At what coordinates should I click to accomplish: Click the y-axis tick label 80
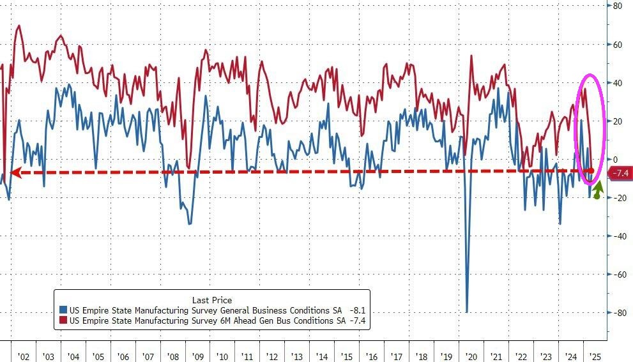pos(618,6)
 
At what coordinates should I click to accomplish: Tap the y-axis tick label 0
pos(616,159)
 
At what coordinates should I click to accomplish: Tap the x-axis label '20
pos(472,356)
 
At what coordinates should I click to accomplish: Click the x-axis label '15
pos(346,356)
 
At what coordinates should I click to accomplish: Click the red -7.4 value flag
pos(620,173)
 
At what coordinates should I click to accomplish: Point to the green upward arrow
pos(597,190)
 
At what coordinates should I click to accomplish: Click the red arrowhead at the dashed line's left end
pos(14,172)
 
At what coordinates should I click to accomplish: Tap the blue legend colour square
pos(64,310)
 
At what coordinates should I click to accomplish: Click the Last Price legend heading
pos(212,300)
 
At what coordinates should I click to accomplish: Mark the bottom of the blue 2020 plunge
pos(467,312)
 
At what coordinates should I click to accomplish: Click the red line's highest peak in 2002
pos(19,26)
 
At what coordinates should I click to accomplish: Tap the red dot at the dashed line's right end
pos(591,171)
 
